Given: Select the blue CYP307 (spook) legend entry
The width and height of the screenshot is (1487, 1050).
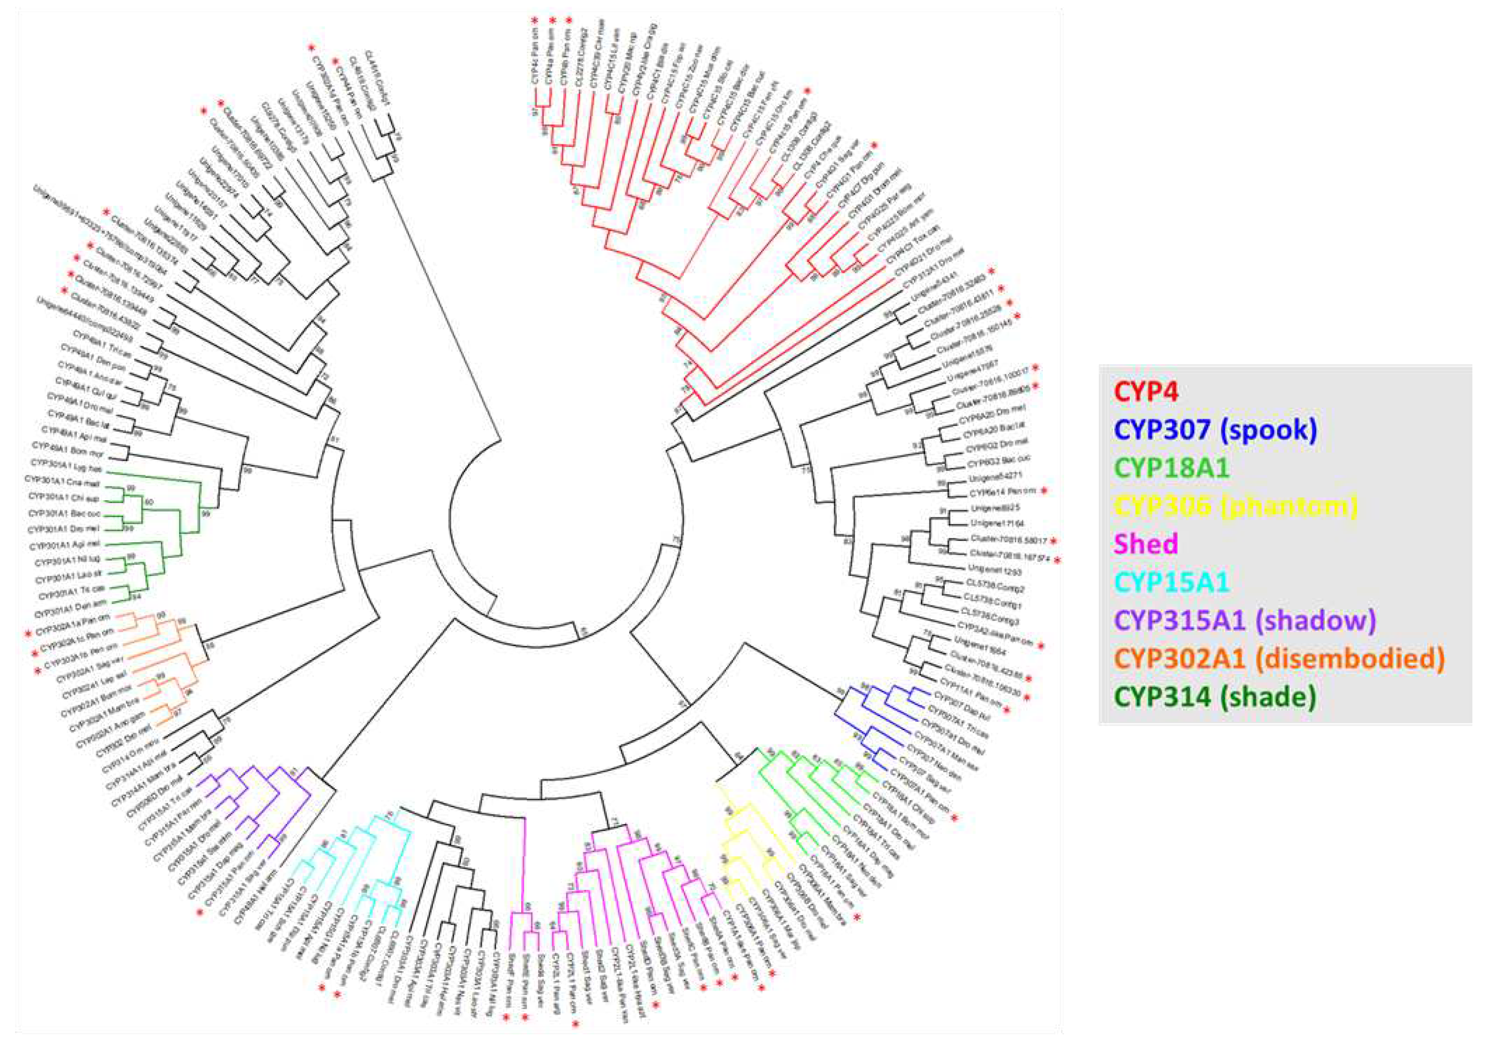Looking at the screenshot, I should click(x=1216, y=430).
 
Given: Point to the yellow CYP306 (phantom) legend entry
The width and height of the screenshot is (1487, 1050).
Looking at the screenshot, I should click(x=1237, y=506).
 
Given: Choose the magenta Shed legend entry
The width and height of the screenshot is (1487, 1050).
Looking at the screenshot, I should click(x=1146, y=543).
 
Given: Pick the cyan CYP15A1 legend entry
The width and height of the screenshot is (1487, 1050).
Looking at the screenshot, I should click(x=1173, y=582).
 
